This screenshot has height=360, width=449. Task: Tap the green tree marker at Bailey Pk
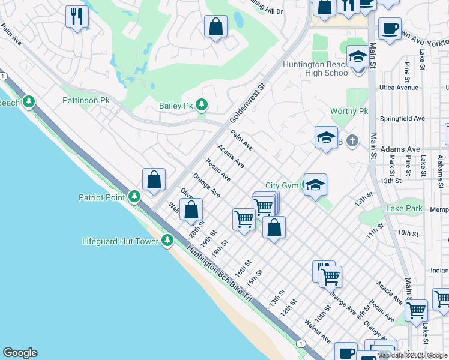202,106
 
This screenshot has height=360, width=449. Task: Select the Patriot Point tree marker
134,197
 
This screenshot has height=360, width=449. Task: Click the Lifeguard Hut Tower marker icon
167,241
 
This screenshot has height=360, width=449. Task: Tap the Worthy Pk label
349,112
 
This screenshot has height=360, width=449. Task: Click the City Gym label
282,186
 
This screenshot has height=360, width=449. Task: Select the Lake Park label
405,209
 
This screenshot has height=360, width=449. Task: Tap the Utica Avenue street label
399,88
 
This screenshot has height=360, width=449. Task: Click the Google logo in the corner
20,353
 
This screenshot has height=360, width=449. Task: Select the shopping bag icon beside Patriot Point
154,179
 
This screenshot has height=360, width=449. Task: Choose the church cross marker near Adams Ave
352,142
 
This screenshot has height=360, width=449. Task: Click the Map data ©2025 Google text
412,355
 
